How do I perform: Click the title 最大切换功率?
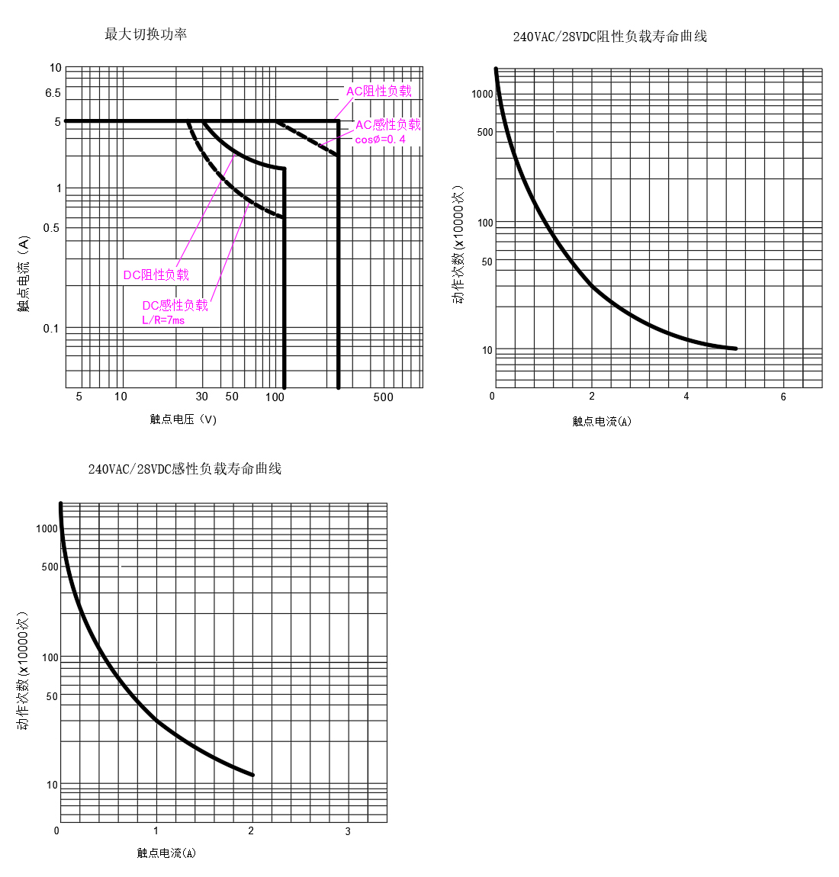click(x=146, y=34)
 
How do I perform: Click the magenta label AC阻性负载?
click(x=379, y=92)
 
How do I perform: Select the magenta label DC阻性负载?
click(x=156, y=275)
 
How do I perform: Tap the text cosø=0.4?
click(x=380, y=140)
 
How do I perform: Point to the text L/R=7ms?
click(x=163, y=320)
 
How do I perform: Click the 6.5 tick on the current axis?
click(x=53, y=93)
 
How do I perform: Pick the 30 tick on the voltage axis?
click(x=201, y=397)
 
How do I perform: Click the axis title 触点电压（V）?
click(x=183, y=419)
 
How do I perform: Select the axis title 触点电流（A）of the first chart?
click(x=24, y=274)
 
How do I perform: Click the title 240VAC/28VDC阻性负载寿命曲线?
click(x=609, y=37)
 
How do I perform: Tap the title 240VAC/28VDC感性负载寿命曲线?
click(x=185, y=469)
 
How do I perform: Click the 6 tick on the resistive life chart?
click(x=783, y=397)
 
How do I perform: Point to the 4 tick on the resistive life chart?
click(x=686, y=397)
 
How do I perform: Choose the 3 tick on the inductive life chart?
click(x=348, y=831)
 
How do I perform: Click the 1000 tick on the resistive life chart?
click(x=482, y=95)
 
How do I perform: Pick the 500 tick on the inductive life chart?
click(x=50, y=567)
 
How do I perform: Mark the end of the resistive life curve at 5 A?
click(x=735, y=349)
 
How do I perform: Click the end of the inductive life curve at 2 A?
click(x=252, y=775)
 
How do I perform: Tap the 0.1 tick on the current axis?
click(x=50, y=329)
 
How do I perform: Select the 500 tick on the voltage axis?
click(x=383, y=397)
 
